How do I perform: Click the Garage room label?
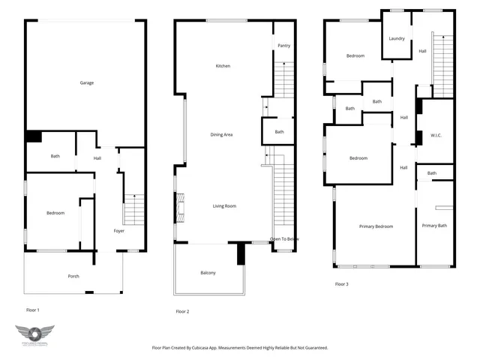(86, 82)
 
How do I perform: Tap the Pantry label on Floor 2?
(283, 46)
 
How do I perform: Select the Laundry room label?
(397, 39)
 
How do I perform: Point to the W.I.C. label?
(436, 136)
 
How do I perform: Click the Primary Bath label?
(434, 226)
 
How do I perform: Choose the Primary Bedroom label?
(376, 226)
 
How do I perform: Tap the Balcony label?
(208, 272)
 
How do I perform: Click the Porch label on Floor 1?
(73, 276)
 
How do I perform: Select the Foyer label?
(119, 230)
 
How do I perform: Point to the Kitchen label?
(223, 66)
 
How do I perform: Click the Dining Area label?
(221, 134)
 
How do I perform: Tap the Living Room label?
(224, 205)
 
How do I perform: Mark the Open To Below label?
(285, 239)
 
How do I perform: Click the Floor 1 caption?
(32, 309)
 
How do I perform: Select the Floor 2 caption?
(182, 311)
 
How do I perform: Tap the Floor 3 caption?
(341, 283)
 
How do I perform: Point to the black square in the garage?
(33, 136)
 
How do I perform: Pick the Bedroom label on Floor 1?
(55, 213)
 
